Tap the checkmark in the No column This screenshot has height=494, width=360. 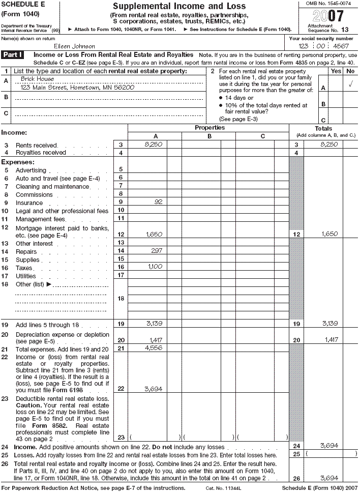pyautogui.click(x=350, y=84)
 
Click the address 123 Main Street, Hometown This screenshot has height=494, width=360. pyautogui.click(x=77, y=88)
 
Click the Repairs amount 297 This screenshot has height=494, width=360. pyautogui.click(x=156, y=251)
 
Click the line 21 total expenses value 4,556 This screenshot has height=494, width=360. pyautogui.click(x=154, y=348)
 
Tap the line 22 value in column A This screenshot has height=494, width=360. pyautogui.click(x=154, y=389)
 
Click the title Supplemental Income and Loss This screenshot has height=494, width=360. pyautogui.click(x=178, y=7)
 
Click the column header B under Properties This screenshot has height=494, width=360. pyautogui.click(x=209, y=136)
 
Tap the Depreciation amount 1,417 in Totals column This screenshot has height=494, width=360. pyautogui.click(x=331, y=339)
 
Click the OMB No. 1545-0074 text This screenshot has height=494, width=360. pyautogui.click(x=328, y=4)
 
